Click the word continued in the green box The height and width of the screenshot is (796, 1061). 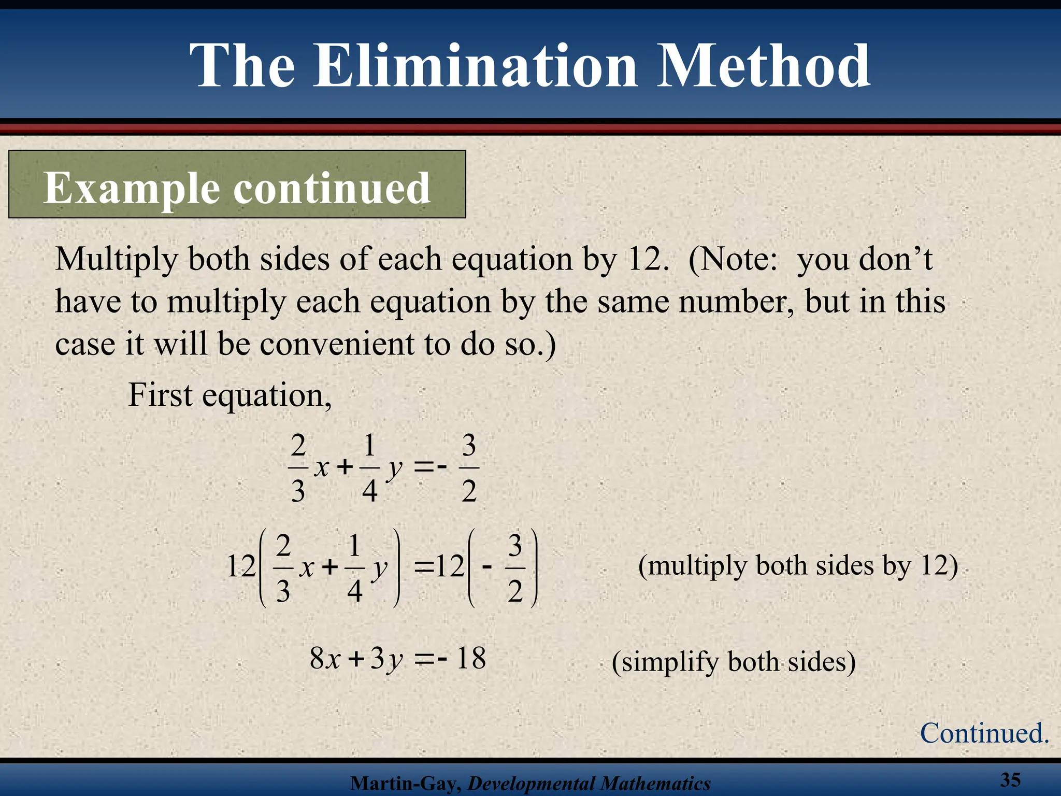pyautogui.click(x=332, y=188)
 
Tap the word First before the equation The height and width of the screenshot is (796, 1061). pyautogui.click(x=160, y=395)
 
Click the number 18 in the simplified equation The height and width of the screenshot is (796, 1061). pyautogui.click(x=471, y=659)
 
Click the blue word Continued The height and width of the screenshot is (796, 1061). pyautogui.click(x=984, y=734)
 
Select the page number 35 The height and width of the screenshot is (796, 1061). pyautogui.click(x=1010, y=779)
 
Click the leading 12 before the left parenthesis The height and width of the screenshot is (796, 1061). pyautogui.click(x=241, y=566)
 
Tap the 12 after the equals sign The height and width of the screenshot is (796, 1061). pyautogui.click(x=450, y=566)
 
